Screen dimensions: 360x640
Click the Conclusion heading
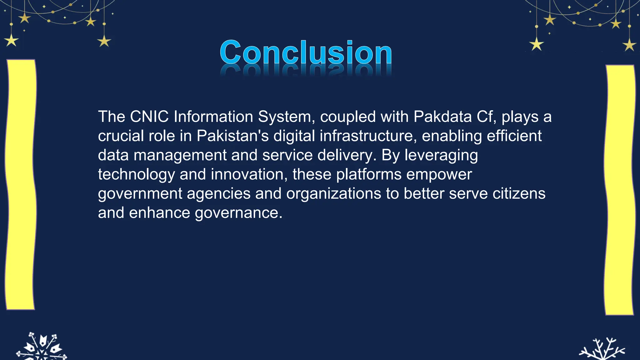coord(306,52)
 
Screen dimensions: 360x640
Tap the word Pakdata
coord(442,117)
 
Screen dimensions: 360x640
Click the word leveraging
coord(441,155)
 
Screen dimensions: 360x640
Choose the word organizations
coord(333,194)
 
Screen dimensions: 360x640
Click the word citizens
coord(519,194)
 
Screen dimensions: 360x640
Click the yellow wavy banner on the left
coord(21,184)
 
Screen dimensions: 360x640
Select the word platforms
coord(369,174)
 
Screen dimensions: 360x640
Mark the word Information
coord(213,117)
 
